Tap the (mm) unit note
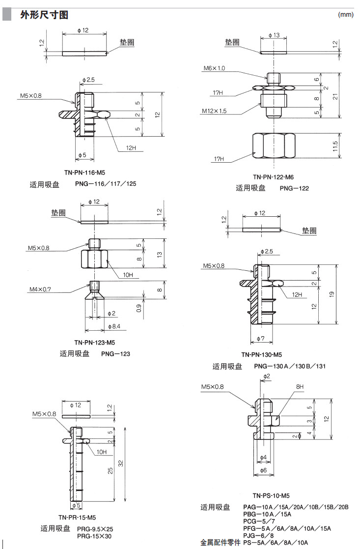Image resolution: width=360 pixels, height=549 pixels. (346, 15)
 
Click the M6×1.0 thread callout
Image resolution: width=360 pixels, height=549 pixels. (214, 68)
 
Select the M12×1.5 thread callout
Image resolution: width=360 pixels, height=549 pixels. (214, 111)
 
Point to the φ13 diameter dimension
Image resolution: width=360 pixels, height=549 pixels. (274, 35)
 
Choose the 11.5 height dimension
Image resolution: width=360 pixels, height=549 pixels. (335, 146)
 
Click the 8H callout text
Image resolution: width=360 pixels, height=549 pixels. (300, 387)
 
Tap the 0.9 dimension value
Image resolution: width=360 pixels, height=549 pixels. (139, 309)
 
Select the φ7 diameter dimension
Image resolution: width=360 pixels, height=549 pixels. (261, 339)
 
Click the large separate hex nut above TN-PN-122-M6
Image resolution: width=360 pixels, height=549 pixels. (274, 146)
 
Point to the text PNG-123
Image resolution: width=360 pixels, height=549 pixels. (115, 353)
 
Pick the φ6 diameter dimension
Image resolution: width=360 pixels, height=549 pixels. (263, 470)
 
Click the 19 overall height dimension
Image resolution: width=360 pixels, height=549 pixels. (332, 294)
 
